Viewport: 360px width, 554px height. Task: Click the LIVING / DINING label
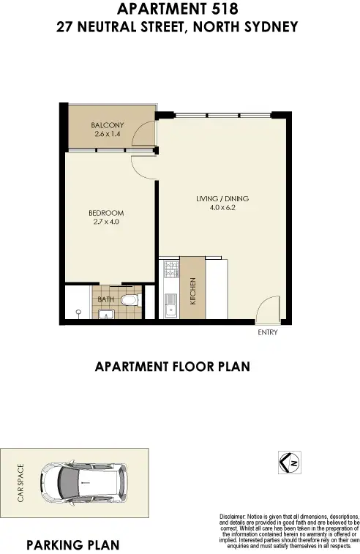point(222,198)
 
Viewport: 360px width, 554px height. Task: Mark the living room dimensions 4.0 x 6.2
point(222,207)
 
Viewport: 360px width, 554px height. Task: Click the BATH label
point(106,299)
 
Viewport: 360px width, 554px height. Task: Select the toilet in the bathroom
point(130,299)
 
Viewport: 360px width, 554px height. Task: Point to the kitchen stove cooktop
point(170,272)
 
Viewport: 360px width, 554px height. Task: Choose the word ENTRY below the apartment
point(267,332)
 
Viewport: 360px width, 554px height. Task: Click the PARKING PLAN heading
point(72,545)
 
